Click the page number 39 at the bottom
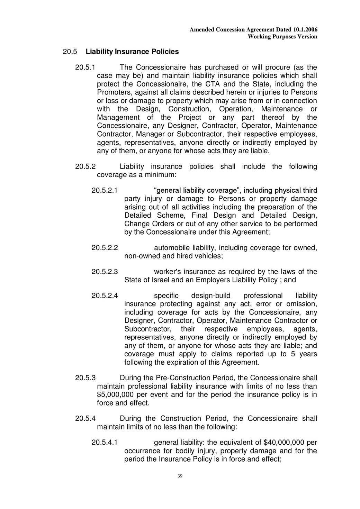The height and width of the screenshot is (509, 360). coord(180,476)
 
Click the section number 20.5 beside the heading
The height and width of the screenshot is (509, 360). coord(70,52)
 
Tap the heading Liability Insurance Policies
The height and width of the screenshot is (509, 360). coord(132,52)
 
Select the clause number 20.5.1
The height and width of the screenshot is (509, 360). coord(85,67)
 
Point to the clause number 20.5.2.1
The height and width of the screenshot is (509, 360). coord(105,190)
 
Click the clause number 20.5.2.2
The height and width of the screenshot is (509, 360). coord(105,248)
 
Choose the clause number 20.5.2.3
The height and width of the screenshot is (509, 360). coord(105,272)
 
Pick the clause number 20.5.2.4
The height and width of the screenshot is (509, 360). coord(105,296)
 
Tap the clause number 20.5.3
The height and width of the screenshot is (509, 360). coord(85,378)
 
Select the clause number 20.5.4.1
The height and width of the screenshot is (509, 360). coord(105,442)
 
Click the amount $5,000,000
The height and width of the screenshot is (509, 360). coord(115,394)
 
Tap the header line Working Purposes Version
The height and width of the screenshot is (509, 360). coord(282,37)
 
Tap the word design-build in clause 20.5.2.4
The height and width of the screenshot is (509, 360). coord(210,296)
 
